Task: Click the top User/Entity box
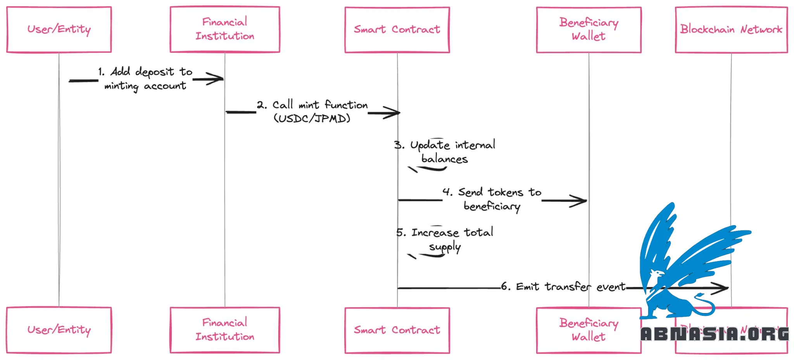point(59,29)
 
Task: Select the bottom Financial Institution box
point(225,330)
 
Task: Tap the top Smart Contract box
point(397,29)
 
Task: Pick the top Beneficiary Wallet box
point(589,29)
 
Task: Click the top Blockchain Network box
point(731,29)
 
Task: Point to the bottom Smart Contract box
point(397,330)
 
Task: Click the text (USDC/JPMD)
point(312,118)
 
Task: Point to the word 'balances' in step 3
point(444,159)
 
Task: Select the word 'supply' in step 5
point(445,247)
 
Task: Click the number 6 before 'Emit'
point(505,286)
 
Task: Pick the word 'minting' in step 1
point(121,86)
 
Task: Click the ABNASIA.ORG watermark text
point(714,334)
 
